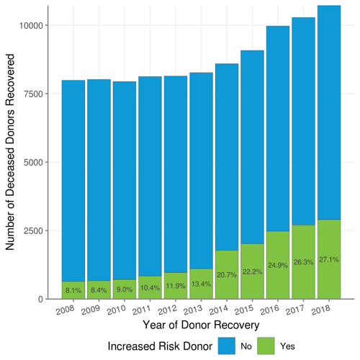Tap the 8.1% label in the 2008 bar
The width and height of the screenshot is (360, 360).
pos(73,291)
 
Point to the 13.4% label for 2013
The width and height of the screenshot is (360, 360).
pos(201,284)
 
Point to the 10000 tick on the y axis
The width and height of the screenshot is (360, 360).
pos(35,25)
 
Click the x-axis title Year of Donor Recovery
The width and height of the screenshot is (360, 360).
pos(201,325)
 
